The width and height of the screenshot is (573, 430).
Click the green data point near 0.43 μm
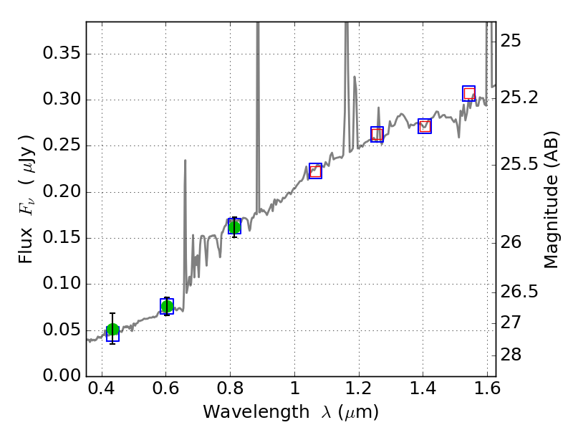[x=112, y=330]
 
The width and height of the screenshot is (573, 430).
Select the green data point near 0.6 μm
[x=167, y=307]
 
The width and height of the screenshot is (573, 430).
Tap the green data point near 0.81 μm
[x=234, y=226]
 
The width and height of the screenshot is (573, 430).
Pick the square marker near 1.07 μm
[x=315, y=171]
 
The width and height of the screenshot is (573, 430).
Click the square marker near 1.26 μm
[x=377, y=134]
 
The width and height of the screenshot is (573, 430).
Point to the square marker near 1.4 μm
[x=425, y=126]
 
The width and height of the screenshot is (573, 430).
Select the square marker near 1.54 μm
[x=469, y=93]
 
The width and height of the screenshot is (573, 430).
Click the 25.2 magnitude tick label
[x=521, y=97]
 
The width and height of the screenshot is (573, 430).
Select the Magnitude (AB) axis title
[x=551, y=199]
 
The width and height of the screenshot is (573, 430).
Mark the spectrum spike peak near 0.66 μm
[x=185, y=161]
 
